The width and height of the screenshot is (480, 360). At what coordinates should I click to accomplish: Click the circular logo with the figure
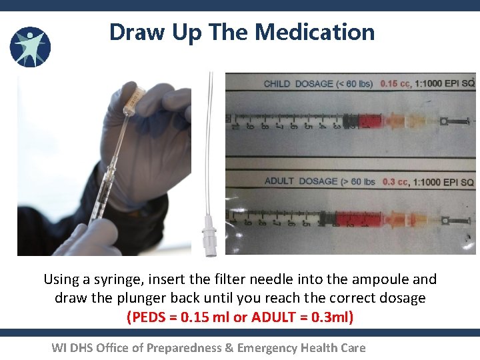30,47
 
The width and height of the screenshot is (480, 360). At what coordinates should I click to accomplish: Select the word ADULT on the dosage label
280,181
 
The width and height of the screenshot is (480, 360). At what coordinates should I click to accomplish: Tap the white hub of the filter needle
210,238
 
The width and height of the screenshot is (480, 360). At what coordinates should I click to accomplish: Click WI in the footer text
59,347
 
